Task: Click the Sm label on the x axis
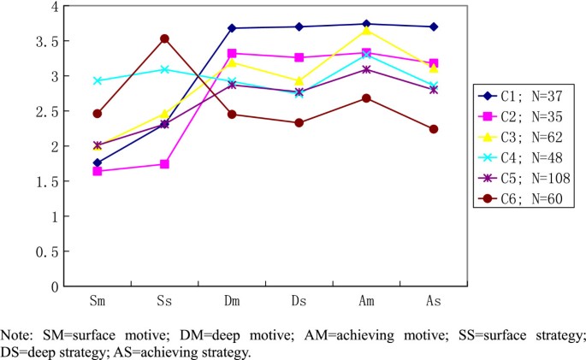98,302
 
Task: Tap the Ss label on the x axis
164,302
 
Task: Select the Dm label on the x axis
232,302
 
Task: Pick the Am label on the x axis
366,302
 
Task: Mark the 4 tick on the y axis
55,6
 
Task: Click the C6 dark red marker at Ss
164,38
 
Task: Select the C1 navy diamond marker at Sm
98,162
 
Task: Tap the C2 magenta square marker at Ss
164,164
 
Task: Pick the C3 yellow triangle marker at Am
366,31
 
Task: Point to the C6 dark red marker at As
434,129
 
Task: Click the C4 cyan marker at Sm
98,81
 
